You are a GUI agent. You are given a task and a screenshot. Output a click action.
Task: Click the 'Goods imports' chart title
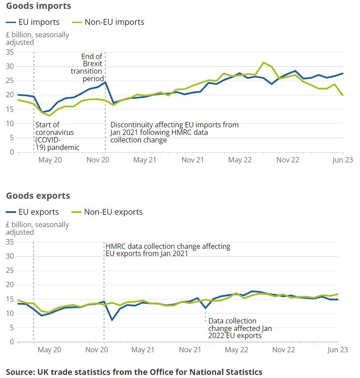coord(39,6)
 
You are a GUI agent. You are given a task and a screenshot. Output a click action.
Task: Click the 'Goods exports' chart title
coord(38,196)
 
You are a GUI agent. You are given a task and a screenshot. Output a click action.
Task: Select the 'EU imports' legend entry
coord(33,22)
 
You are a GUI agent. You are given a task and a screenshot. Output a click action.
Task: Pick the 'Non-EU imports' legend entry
coord(108,22)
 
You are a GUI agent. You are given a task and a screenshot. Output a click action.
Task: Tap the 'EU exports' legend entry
coord(32,212)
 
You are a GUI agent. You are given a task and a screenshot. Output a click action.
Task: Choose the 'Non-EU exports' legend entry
coord(107,212)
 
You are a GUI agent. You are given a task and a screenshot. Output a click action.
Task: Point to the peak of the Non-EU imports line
coord(264,63)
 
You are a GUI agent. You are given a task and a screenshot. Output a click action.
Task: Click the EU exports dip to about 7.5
coord(112,320)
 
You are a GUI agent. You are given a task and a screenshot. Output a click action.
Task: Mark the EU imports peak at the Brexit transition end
coord(106,82)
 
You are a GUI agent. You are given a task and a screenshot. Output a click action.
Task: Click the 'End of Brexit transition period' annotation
coord(87,67)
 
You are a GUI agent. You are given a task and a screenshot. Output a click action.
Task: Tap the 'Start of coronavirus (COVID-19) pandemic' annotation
coord(57,136)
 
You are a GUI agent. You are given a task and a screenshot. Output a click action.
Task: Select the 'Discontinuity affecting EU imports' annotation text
coord(174,132)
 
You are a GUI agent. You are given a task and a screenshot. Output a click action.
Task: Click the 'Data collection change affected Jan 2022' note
coord(240,328)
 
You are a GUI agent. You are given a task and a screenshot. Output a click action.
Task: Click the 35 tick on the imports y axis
coord(10,52)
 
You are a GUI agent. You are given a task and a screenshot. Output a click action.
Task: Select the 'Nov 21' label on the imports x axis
coord(192,160)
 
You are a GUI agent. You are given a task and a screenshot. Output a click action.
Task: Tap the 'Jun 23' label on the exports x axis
coord(337,350)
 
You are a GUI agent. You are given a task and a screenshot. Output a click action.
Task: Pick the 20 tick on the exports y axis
coord(10,285)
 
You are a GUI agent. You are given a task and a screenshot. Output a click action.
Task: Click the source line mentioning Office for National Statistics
coord(134,372)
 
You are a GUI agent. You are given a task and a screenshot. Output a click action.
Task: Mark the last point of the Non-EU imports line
coord(343,95)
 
